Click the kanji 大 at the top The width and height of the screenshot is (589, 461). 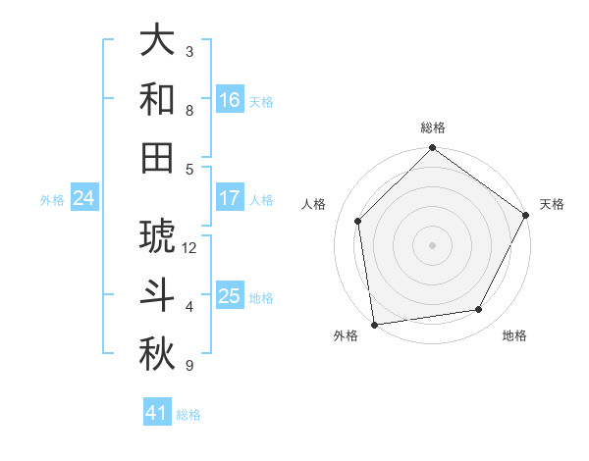click(157, 41)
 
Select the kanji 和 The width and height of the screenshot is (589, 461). click(157, 99)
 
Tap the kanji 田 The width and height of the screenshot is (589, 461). click(157, 157)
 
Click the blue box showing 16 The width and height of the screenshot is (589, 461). click(230, 99)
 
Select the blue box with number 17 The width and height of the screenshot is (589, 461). click(230, 198)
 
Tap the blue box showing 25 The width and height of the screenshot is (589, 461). click(230, 296)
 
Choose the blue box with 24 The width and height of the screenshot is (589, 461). click(83, 198)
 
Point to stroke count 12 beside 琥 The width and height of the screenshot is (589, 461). click(189, 247)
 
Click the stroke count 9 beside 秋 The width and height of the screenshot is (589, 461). click(189, 366)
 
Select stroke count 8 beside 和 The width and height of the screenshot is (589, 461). click(189, 111)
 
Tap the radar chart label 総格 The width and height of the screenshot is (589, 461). click(432, 128)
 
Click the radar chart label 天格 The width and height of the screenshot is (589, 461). click(552, 204)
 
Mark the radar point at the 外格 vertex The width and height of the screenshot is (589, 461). click(374, 324)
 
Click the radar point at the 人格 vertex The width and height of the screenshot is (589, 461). click(358, 221)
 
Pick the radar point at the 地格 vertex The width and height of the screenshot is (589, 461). click(479, 309)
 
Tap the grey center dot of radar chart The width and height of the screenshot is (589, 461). click(432, 244)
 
